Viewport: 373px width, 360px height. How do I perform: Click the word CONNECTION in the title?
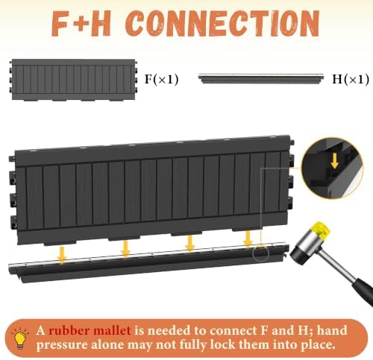pos(222,24)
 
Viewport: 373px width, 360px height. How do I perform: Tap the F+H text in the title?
pos(81,24)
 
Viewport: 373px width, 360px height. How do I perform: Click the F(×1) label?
pos(162,79)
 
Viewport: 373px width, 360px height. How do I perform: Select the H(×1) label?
pos(351,79)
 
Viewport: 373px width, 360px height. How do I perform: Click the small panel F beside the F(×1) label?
pos(74,80)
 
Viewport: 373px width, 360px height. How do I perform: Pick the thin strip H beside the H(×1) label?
pos(261,78)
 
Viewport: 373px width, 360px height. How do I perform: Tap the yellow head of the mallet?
pos(322,230)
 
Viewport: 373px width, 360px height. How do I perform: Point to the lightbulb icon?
pos(20,338)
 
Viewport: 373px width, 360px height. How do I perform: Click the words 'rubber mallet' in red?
pos(90,331)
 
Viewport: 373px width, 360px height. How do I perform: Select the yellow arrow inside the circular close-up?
pos(335,161)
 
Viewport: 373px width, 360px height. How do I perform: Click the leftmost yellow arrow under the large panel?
pos(62,255)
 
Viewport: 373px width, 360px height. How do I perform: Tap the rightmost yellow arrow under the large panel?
pos(248,239)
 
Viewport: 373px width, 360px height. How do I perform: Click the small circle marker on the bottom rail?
pos(261,253)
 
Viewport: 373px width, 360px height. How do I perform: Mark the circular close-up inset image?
pos(333,168)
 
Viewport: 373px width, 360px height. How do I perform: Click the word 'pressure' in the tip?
pos(62,345)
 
